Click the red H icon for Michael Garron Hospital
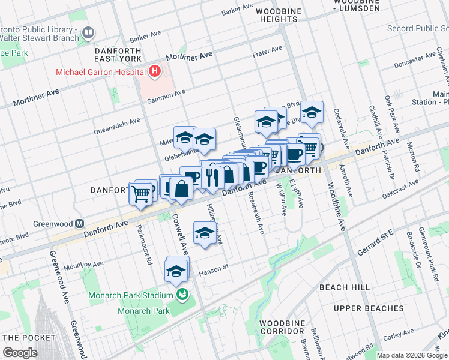[155, 72]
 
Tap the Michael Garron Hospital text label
[102, 73]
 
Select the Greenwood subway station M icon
[79, 223]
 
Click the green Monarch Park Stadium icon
[181, 295]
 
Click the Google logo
[20, 352]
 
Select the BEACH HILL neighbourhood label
[345, 287]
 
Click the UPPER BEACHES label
[369, 308]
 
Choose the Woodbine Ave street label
[337, 209]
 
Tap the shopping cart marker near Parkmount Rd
[141, 193]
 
